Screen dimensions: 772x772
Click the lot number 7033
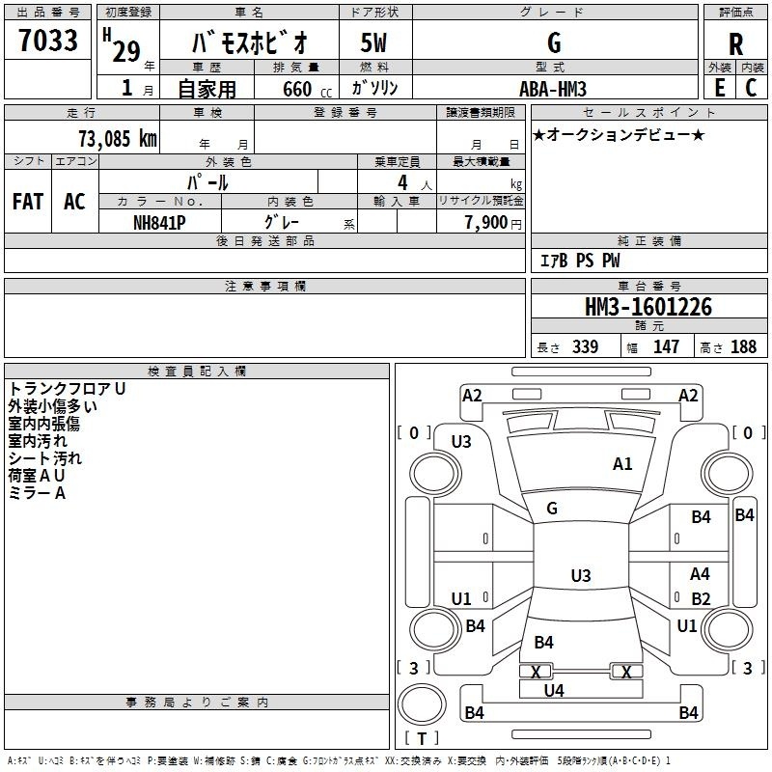48,42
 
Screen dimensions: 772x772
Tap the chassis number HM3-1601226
648,307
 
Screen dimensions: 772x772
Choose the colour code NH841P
159,221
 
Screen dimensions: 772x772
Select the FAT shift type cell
28,201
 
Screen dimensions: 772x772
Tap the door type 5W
373,44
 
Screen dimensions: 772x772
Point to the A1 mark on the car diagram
622,464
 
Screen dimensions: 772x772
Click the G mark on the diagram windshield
552,509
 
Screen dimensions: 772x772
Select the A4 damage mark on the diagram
701,574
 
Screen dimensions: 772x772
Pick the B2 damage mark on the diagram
701,598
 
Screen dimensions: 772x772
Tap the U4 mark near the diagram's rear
554,690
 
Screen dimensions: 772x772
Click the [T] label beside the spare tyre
422,739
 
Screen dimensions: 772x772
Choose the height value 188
743,347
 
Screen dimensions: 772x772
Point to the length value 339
585,347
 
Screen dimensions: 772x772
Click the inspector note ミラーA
37,493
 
